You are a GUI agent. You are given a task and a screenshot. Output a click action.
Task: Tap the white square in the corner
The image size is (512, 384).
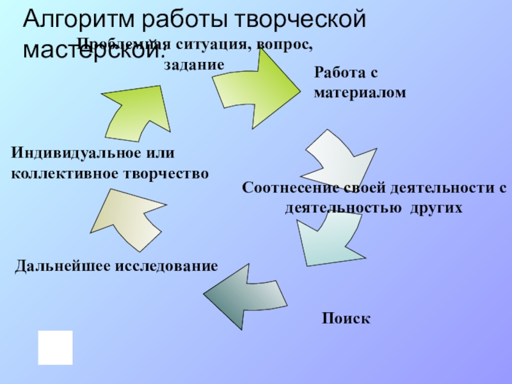click(x=55, y=348)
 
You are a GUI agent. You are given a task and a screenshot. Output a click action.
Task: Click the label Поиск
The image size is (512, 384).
click(x=346, y=318)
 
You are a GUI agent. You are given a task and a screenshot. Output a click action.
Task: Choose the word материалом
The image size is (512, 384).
click(x=360, y=93)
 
